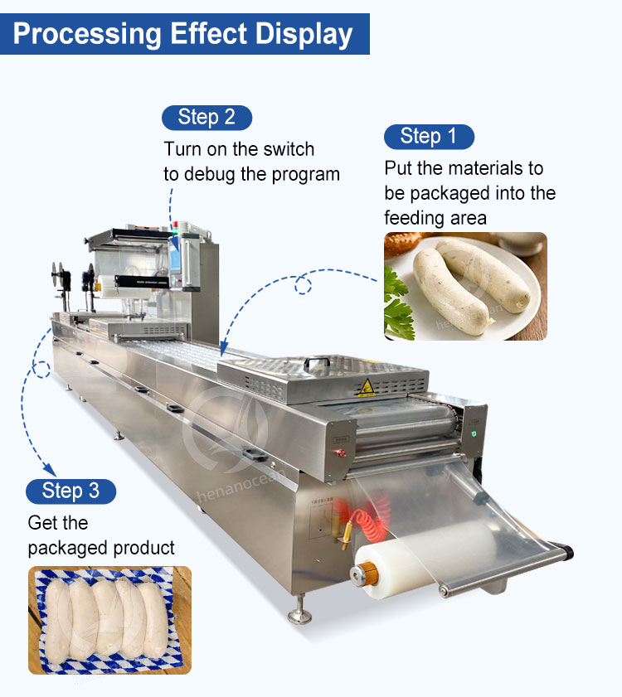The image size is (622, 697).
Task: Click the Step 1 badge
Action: [429, 137]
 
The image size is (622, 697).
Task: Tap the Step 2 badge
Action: [207, 118]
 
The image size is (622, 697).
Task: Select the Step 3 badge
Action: [70, 491]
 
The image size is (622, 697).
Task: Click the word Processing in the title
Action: [87, 34]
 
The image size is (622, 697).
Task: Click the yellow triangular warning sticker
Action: [367, 387]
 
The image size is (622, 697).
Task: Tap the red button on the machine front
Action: [341, 453]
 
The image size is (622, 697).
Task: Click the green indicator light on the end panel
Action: [474, 433]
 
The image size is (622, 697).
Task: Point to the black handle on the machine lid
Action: [317, 363]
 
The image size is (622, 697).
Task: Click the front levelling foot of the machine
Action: [299, 611]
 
